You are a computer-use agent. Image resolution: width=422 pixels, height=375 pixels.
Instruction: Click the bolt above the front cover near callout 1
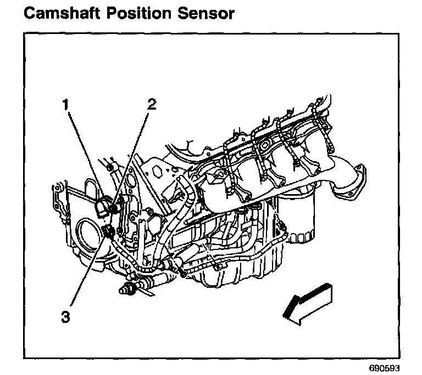point(109,167)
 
